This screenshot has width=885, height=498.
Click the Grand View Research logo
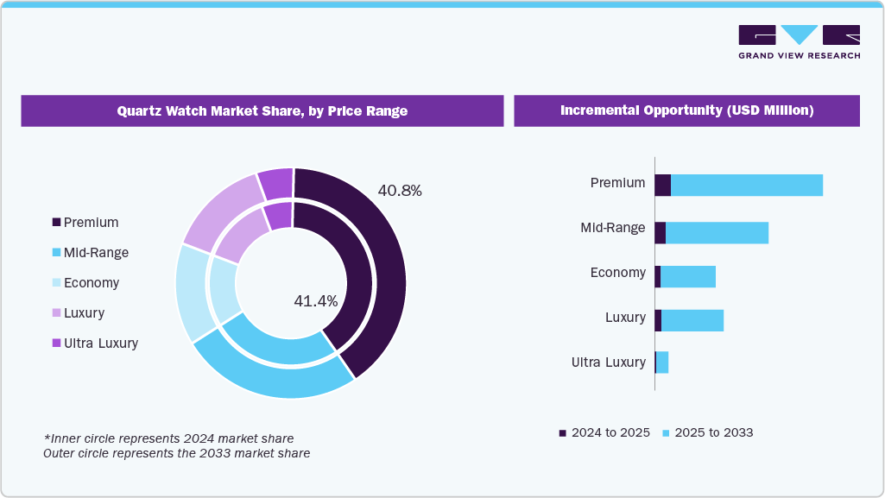[x=799, y=41]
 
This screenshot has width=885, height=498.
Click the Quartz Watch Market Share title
[x=262, y=111]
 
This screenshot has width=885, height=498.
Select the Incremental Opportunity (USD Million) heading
[x=686, y=111]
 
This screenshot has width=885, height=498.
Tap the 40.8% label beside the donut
[x=400, y=191]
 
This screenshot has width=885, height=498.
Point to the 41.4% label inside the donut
[x=316, y=301]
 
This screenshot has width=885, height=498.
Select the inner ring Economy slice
[x=224, y=291]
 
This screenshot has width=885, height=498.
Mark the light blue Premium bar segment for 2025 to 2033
[x=747, y=185]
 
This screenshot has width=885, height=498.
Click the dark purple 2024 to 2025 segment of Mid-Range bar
[x=661, y=233]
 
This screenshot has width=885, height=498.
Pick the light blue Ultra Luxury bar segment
[x=662, y=362]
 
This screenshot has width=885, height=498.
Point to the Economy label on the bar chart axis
[x=617, y=273]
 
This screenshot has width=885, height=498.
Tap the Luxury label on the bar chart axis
[x=625, y=318]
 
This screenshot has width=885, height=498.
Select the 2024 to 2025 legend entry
[x=604, y=432]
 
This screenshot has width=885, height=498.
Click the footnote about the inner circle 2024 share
[x=168, y=438]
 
